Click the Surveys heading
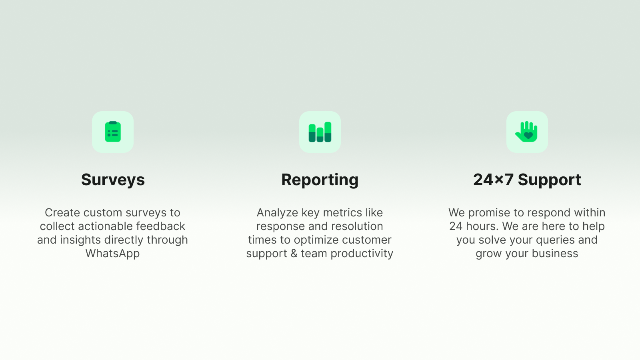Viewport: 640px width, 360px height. tap(113, 180)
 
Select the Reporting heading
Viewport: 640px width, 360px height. tap(320, 180)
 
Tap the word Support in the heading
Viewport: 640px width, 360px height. tap(550, 180)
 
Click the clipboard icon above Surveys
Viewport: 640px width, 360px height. tap(113, 132)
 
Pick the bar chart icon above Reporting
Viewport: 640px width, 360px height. tap(320, 132)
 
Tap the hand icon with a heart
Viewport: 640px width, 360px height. tap(527, 132)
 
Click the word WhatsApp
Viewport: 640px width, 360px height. tap(112, 254)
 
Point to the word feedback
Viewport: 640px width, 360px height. tap(160, 226)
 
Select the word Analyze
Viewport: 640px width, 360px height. tap(278, 213)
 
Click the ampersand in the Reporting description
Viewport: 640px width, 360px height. tap(294, 254)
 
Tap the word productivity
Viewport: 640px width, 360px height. tap(362, 254)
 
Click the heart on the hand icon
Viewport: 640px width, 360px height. tap(528, 136)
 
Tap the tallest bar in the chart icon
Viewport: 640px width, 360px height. tap(328, 132)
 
